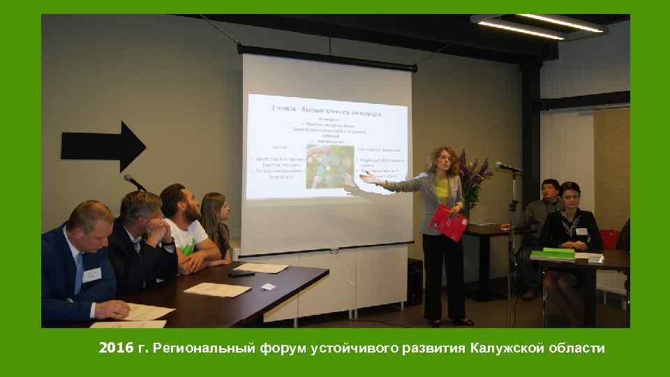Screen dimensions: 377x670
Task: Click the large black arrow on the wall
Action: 103,146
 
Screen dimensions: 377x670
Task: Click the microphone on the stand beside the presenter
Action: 508,167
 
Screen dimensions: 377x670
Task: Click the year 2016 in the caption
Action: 116,348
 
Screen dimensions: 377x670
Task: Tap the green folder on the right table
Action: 558,253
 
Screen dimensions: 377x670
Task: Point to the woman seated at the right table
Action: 570,216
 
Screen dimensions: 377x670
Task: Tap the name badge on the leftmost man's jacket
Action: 91,274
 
